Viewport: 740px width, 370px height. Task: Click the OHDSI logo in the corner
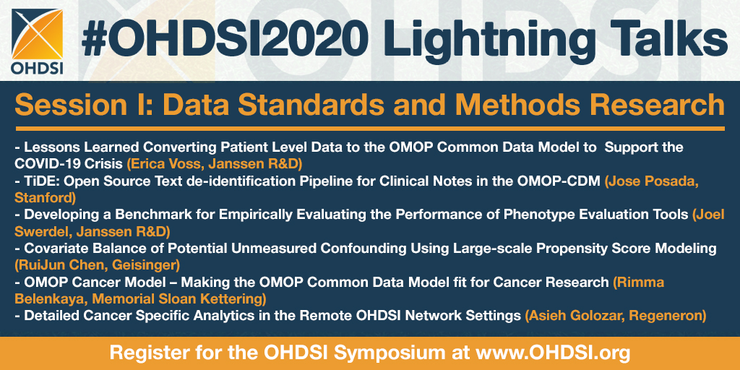pyautogui.click(x=38, y=41)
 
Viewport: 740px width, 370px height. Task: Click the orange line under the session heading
pyautogui.click(x=369, y=129)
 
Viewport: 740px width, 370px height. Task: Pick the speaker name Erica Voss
pyautogui.click(x=158, y=163)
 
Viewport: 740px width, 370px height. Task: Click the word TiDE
pyautogui.click(x=39, y=182)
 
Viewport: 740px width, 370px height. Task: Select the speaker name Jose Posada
pyautogui.click(x=652, y=182)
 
